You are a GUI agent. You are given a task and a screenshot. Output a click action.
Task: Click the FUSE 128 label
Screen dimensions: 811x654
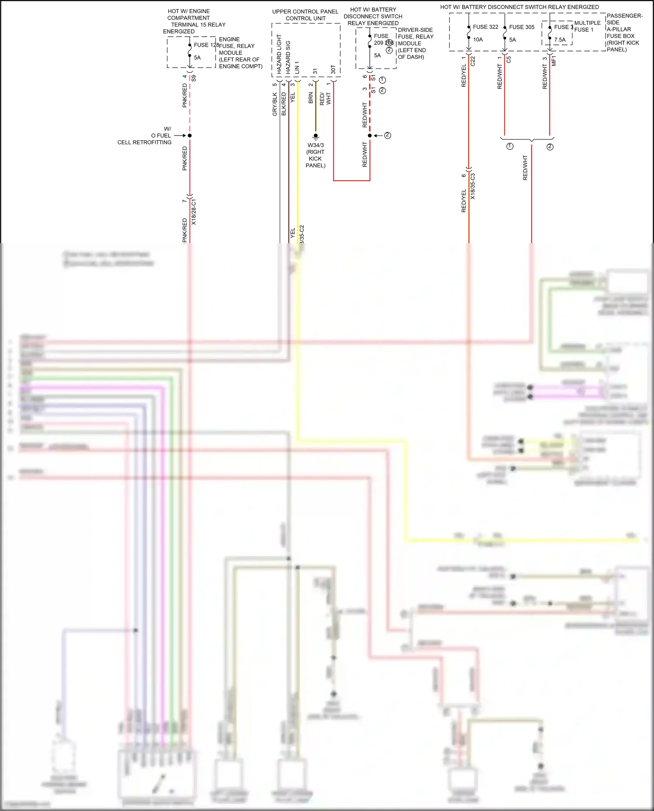point(206,45)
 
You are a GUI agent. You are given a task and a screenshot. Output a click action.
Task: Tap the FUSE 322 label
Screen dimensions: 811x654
point(485,27)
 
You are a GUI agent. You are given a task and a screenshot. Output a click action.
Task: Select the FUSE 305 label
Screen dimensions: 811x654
point(521,27)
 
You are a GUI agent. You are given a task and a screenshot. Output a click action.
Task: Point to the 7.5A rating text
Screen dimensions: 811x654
point(560,40)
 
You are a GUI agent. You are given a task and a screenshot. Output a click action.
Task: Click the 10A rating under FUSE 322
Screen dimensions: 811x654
point(478,40)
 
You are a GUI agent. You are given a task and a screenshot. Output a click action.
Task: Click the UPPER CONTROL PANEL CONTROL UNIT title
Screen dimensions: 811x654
point(305,15)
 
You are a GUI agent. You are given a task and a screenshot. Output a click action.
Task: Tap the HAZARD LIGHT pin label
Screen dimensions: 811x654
point(279,54)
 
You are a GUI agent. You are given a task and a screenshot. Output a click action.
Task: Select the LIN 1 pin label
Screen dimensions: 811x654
point(297,67)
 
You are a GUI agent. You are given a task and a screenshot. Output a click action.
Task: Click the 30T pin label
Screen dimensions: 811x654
point(333,70)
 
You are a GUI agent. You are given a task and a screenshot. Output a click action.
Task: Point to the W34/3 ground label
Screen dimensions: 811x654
point(316,145)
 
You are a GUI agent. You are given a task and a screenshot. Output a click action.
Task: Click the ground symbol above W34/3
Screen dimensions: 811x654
point(316,136)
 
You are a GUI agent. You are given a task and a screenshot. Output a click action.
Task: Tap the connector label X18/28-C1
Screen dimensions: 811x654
point(194,212)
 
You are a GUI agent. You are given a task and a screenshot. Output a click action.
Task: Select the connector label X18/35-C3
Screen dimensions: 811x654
point(473,187)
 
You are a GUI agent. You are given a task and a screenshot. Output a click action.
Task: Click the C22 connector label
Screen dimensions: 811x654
point(473,61)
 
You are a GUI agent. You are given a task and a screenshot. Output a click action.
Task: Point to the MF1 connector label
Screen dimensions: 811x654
point(554,61)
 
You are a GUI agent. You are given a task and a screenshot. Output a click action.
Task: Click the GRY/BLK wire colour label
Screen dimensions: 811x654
point(275,104)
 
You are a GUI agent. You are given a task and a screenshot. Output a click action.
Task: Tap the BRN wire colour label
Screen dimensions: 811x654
point(311,98)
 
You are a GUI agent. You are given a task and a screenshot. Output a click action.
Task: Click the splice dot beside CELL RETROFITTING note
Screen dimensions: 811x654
point(190,136)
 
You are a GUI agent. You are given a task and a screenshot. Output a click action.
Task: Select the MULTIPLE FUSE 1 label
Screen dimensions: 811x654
point(587,26)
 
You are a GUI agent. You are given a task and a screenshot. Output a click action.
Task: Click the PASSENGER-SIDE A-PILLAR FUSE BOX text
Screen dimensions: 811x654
point(624,33)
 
